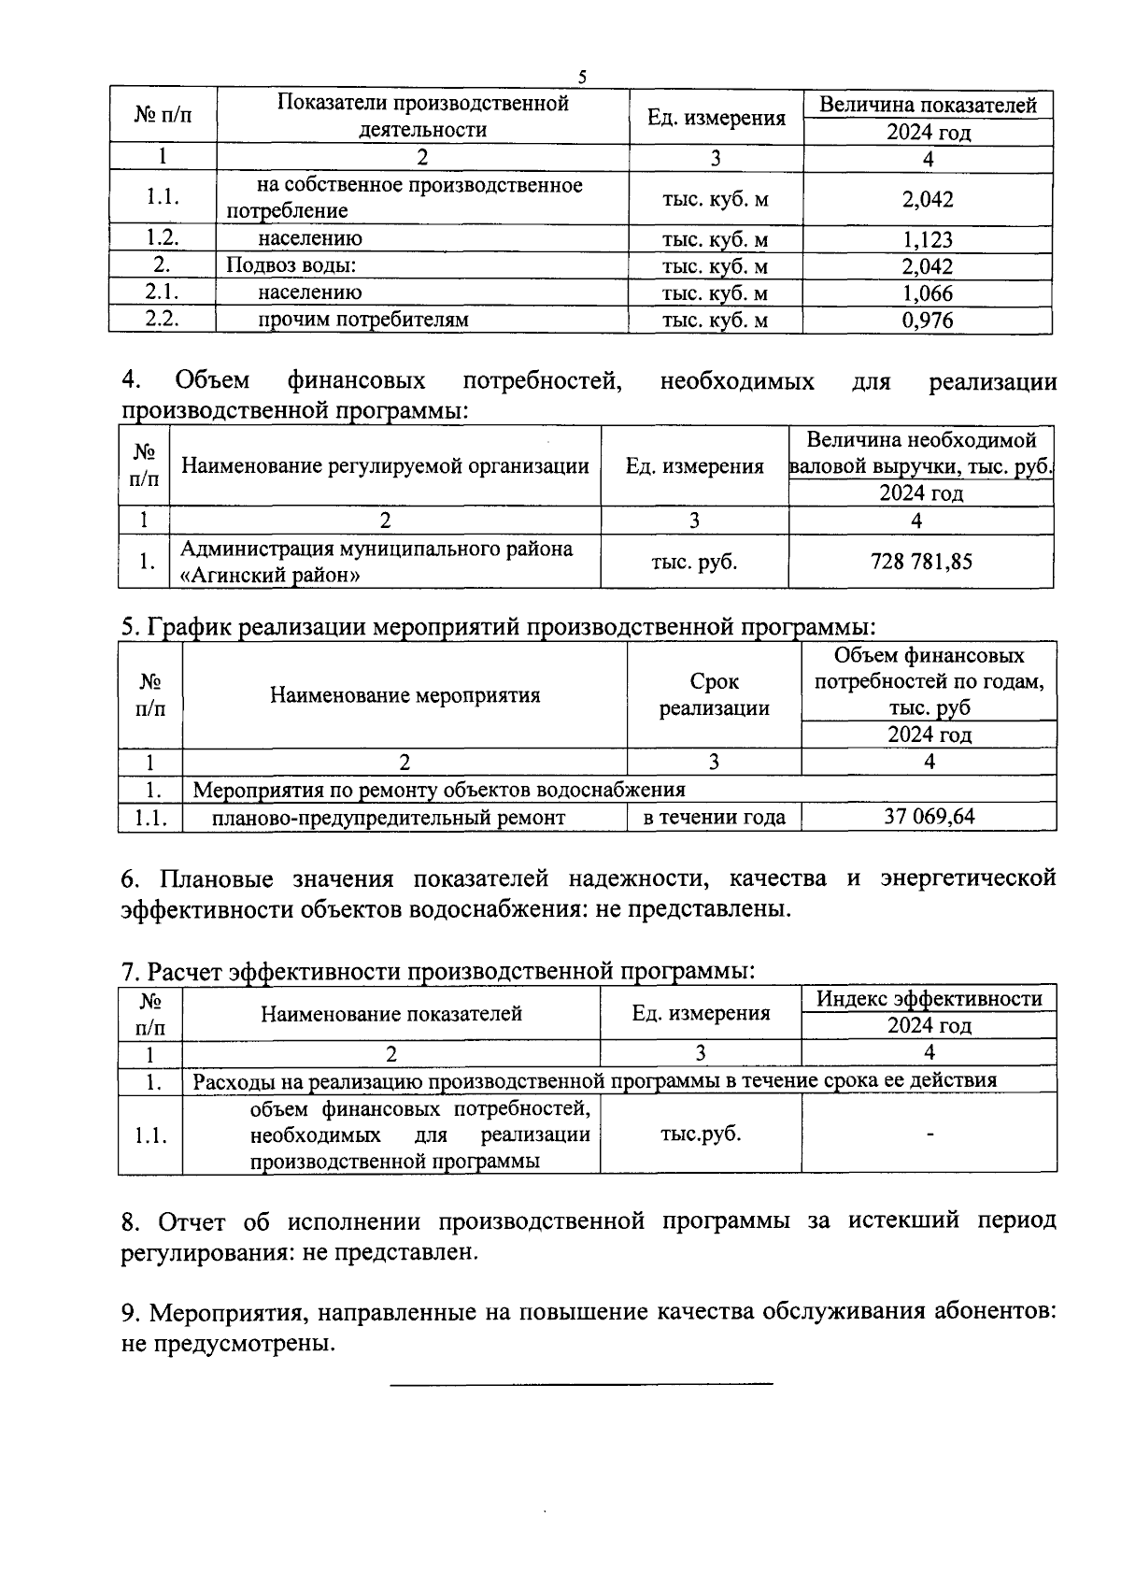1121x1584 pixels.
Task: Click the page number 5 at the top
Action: [582, 78]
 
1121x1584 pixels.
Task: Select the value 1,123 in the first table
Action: [927, 239]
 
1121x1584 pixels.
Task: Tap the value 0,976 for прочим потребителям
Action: [927, 321]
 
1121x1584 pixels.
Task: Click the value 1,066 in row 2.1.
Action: [927, 293]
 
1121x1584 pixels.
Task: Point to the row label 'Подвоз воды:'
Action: [291, 265]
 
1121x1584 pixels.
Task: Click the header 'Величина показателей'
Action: [928, 105]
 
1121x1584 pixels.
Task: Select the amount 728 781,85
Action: [921, 561]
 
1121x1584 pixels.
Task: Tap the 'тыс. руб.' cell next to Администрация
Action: [694, 561]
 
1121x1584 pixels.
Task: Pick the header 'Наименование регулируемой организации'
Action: [385, 465]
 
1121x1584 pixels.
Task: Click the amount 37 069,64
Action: [929, 817]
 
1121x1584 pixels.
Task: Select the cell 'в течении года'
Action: [715, 818]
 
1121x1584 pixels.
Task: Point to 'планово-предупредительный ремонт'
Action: [389, 818]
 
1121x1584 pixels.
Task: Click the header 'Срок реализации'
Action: [715, 694]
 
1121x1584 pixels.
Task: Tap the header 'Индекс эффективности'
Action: [929, 998]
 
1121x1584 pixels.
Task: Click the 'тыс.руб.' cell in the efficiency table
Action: [701, 1134]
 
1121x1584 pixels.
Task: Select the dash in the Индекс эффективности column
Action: [929, 1134]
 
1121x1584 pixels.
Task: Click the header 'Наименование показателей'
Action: [390, 1013]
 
